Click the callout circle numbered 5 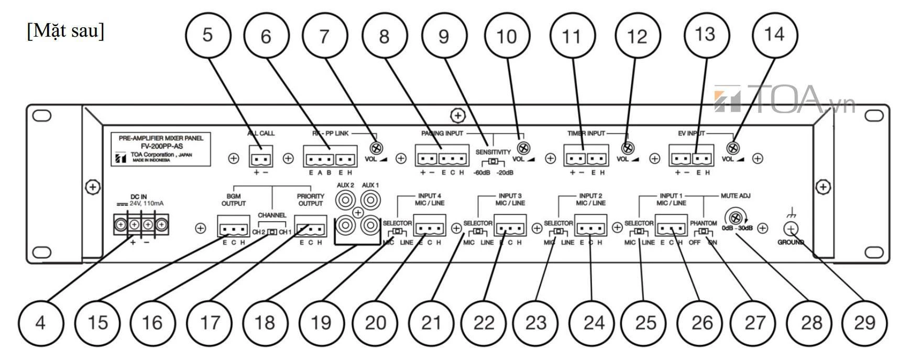pos(208,36)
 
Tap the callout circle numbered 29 pos(864,322)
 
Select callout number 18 pos(265,322)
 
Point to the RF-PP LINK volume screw pos(375,148)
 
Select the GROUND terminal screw pos(791,228)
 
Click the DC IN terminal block pos(141,225)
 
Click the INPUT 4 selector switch pos(398,232)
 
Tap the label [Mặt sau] pos(65,31)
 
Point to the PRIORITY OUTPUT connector pos(311,229)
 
